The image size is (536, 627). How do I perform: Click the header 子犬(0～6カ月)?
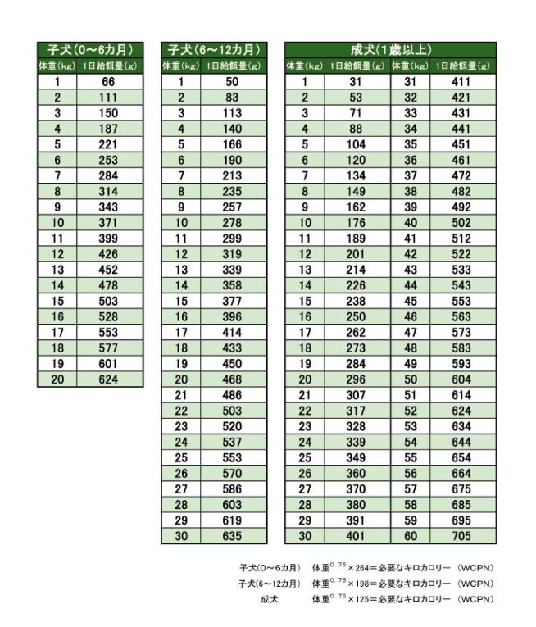point(90,50)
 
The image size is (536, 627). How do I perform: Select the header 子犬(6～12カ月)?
point(214,50)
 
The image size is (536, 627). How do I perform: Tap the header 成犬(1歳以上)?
point(390,50)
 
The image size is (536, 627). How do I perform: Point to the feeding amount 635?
point(233,536)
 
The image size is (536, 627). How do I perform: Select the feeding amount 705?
point(464,536)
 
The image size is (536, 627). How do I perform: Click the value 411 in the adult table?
point(464,82)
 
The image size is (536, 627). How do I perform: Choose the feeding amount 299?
point(233,239)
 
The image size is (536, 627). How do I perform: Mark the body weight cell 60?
point(411,536)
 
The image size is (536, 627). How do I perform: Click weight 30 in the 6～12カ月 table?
point(181,536)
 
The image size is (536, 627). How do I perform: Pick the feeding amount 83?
point(233,98)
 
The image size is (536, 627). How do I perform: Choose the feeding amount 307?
point(356,395)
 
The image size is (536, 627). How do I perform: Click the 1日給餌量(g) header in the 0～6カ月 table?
point(110,66)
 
